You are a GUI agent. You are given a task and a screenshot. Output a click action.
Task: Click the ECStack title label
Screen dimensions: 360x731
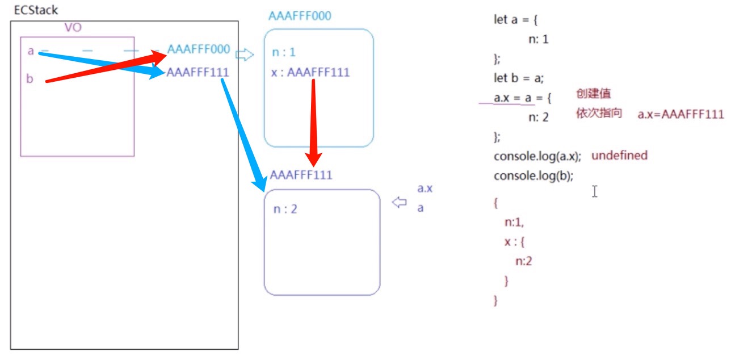click(x=36, y=11)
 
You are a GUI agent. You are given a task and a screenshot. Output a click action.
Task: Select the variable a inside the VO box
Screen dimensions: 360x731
click(x=30, y=51)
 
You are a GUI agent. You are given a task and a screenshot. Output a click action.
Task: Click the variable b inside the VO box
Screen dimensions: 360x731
click(x=30, y=79)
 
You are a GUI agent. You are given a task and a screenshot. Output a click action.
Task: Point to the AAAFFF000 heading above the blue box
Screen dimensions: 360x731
click(x=299, y=15)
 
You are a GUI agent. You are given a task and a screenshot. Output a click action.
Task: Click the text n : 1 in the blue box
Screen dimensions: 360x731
click(x=284, y=53)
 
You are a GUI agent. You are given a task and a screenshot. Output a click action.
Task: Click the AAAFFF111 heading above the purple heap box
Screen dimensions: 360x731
click(x=301, y=174)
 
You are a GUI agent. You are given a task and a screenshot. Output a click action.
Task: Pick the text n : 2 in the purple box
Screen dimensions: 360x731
click(x=285, y=209)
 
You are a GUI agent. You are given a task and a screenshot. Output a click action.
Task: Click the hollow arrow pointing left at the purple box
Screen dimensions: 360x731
click(x=400, y=202)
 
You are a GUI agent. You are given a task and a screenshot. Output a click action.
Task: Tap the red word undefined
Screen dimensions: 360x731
click(x=619, y=155)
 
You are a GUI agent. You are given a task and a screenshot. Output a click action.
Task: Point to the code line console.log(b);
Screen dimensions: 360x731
click(x=533, y=176)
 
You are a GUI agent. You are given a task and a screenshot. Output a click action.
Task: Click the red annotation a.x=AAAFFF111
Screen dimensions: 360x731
click(x=680, y=114)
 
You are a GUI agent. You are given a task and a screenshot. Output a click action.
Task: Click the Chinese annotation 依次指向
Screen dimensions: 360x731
click(x=599, y=113)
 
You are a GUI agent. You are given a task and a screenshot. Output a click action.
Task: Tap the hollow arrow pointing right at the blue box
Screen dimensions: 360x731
click(x=245, y=55)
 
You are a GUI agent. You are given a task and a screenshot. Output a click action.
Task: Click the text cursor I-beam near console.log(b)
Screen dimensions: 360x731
click(x=594, y=191)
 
